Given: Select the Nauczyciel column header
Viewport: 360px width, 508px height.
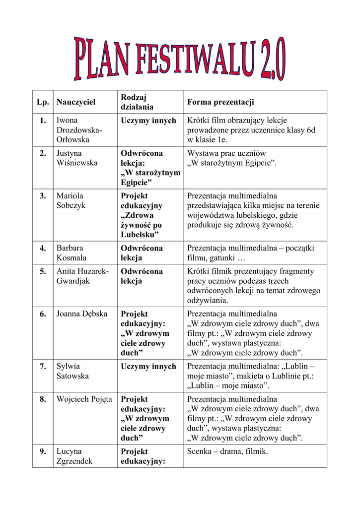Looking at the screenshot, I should [x=75, y=102].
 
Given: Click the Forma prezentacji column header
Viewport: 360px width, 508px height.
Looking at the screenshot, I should [x=220, y=102].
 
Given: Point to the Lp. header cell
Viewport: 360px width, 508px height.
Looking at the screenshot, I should [x=42, y=102].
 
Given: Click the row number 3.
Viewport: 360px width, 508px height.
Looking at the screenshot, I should [x=43, y=196].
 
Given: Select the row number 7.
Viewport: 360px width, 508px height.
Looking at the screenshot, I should [x=43, y=367].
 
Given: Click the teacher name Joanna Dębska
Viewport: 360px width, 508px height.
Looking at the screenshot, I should [x=82, y=314].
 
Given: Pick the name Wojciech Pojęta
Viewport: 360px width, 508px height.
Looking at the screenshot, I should [x=84, y=399].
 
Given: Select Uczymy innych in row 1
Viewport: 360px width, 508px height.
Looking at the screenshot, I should [x=148, y=121].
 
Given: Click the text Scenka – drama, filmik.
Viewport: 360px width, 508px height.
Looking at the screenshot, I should [x=227, y=451].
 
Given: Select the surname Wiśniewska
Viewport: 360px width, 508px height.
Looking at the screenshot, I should [x=77, y=163].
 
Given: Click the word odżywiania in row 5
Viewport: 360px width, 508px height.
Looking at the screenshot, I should [x=207, y=300].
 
